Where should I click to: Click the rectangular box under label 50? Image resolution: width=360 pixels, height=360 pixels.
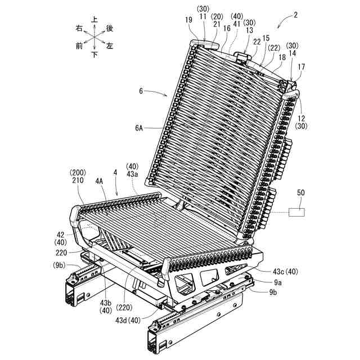pos(296,212)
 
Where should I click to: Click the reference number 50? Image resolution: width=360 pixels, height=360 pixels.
pos(301,192)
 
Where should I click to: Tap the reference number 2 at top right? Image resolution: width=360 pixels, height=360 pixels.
pos(295,15)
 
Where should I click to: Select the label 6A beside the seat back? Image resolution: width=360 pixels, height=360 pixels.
pos(139,128)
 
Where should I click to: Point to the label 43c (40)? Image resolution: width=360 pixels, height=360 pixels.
pos(285,272)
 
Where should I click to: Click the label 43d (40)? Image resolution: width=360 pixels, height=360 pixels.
pos(128,320)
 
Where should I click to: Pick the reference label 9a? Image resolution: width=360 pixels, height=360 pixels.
pos(278,282)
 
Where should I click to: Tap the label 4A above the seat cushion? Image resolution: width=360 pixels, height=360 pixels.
pos(99,181)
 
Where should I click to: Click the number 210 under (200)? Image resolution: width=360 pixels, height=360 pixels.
pos(78,180)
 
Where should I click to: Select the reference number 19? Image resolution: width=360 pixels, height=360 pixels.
pos(188,20)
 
